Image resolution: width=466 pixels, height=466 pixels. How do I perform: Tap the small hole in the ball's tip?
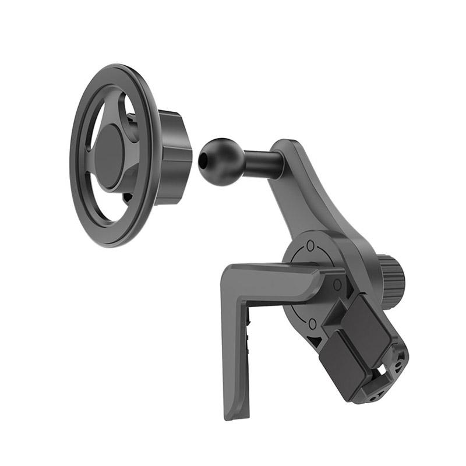(x=202, y=158)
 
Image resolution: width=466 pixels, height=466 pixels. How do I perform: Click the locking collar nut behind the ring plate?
(x=174, y=156)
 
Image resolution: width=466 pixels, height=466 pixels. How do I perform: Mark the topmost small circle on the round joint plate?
(x=310, y=245)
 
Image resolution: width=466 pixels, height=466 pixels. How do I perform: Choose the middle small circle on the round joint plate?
(x=337, y=284)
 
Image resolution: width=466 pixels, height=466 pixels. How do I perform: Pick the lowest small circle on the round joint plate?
(x=312, y=322)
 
